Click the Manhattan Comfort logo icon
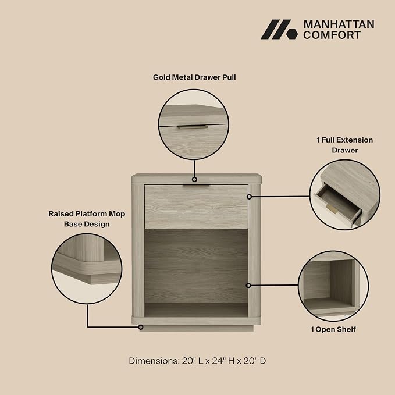tap(279, 29)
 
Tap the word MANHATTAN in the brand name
tap(339, 24)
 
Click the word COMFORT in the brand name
tap(332, 35)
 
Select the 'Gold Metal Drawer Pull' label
tap(194, 77)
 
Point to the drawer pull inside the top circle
tap(192, 127)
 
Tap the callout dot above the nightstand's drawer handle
tap(194, 179)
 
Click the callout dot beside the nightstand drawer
tap(249, 197)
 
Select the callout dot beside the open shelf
tap(248, 285)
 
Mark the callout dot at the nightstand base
tap(141, 327)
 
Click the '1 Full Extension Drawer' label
tap(344, 145)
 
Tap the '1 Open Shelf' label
tap(333, 329)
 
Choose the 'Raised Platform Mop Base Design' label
tap(87, 219)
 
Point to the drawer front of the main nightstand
tap(196, 207)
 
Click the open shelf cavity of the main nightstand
tap(196, 273)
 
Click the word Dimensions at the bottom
tap(154, 361)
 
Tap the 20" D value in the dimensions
tap(254, 361)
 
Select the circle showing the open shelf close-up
tap(333, 286)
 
